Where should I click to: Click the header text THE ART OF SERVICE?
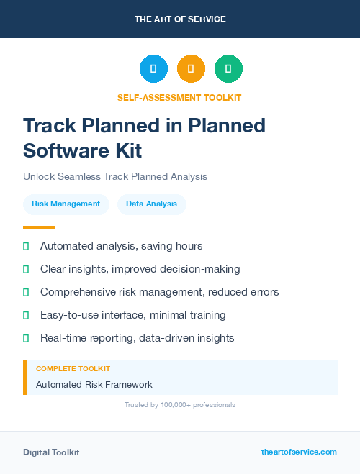pos(180,19)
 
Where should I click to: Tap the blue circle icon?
pos(153,69)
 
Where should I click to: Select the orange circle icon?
pos(191,69)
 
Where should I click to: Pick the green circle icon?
pos(228,69)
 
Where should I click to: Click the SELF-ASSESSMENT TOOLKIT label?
pos(180,97)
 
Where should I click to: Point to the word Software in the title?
pos(60,150)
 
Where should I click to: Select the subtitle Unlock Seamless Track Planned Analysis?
pos(115,176)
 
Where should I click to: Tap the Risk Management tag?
pos(66,204)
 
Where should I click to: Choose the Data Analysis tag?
pos(151,204)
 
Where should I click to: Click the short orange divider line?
pos(39,227)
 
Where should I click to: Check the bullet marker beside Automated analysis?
pos(26,247)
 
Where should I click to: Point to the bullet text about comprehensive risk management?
pos(159,292)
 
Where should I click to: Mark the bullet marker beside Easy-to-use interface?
pos(26,315)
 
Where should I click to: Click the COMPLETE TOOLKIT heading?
pos(73,369)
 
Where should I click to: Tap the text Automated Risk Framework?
pos(94,385)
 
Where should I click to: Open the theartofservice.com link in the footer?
pos(299,452)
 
